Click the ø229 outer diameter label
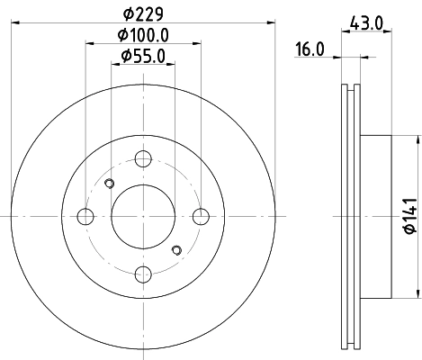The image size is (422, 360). click(144, 13)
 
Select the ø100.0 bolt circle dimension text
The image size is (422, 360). click(144, 35)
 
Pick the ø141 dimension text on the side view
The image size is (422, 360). click(407, 216)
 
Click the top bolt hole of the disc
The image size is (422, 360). click(143, 159)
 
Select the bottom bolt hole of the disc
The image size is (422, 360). click(143, 274)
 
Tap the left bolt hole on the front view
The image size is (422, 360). click(86, 216)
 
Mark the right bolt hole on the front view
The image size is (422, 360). click(201, 216)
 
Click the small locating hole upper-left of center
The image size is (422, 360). click(110, 185)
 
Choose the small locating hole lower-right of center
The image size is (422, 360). click(176, 247)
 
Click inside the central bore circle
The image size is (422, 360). click(143, 216)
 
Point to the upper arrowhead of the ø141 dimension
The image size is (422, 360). click(418, 140)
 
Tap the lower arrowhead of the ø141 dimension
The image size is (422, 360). click(418, 292)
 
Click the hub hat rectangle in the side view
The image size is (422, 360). click(378, 216)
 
